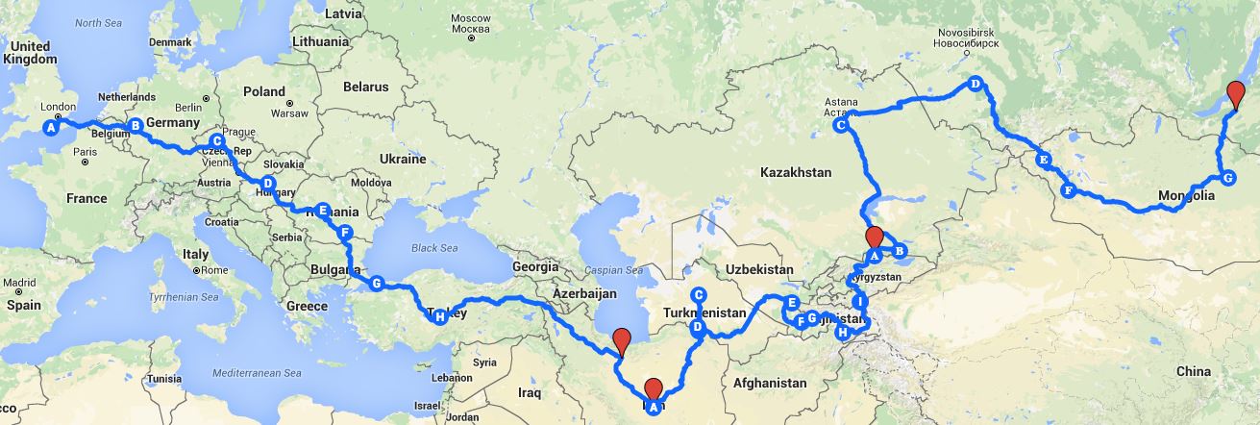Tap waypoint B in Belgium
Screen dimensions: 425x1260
click(x=136, y=125)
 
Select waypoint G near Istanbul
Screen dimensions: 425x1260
click(x=377, y=284)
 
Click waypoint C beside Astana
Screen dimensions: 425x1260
click(x=840, y=125)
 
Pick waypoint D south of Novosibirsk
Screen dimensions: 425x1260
click(x=975, y=84)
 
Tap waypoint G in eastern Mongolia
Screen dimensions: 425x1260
click(x=1226, y=177)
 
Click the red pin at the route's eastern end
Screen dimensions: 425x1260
click(x=1238, y=97)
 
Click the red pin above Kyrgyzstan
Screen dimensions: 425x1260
click(x=874, y=238)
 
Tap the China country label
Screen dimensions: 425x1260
click(x=1193, y=371)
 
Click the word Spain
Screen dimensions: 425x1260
click(x=21, y=305)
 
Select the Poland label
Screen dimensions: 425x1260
click(x=264, y=92)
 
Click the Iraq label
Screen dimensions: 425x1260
click(x=530, y=393)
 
